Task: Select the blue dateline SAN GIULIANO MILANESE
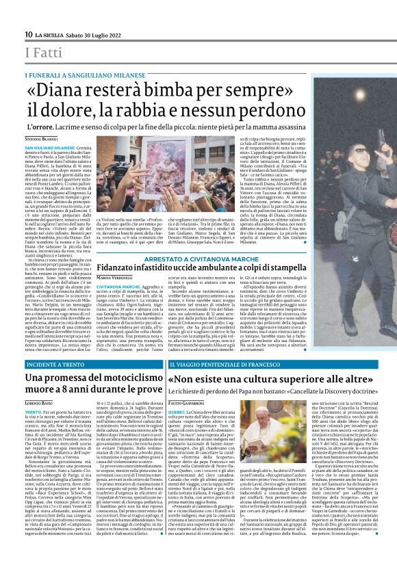(x=49, y=147)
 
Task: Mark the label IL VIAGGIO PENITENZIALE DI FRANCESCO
(x=228, y=366)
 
